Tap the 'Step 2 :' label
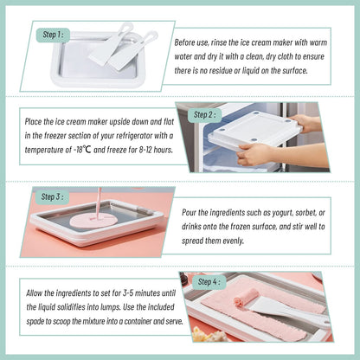[205, 113]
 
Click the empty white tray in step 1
[91, 65]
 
